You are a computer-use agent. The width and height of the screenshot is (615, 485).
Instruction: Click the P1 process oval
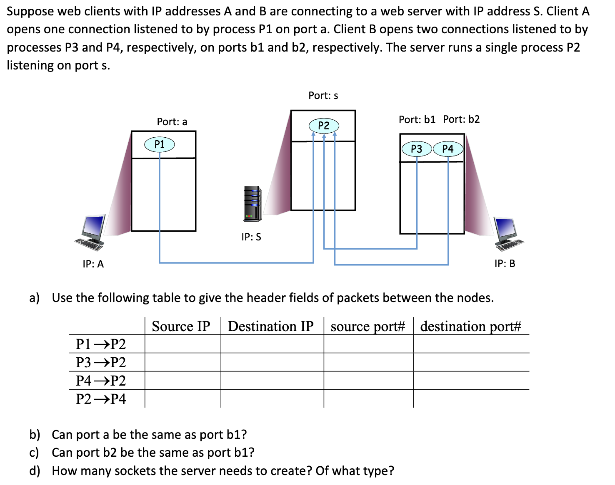[x=159, y=144]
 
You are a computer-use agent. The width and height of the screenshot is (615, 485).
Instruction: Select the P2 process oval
[x=323, y=125]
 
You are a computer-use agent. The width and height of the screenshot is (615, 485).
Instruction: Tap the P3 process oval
[x=416, y=149]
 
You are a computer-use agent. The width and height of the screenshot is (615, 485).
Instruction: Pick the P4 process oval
[x=448, y=148]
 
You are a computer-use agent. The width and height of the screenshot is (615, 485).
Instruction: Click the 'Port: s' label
[x=323, y=96]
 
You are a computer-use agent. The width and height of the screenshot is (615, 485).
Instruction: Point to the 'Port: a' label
[x=172, y=122]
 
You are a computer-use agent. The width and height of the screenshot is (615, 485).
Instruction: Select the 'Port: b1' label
[x=417, y=120]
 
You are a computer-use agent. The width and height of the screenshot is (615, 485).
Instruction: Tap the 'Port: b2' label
[x=461, y=119]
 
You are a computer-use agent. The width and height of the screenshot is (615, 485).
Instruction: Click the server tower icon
[x=252, y=204]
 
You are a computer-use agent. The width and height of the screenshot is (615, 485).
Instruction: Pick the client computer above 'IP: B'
[x=508, y=234]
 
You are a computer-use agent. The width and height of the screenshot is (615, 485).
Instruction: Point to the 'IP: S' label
[x=251, y=237]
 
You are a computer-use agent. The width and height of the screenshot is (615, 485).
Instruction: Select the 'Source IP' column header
[x=181, y=326]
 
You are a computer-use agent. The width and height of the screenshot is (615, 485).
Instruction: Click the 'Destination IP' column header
[x=270, y=326]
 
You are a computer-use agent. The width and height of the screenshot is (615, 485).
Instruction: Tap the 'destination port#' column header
[x=470, y=326]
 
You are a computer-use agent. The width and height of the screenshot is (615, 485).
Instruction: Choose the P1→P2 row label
[x=101, y=344]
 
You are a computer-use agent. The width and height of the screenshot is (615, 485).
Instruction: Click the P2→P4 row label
[x=101, y=399]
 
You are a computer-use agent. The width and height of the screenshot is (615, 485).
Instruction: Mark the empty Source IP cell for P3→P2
[x=182, y=362]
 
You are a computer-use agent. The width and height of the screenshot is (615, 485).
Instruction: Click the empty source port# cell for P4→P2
[x=368, y=381]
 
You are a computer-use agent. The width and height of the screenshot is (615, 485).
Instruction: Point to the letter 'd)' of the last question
[x=35, y=471]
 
